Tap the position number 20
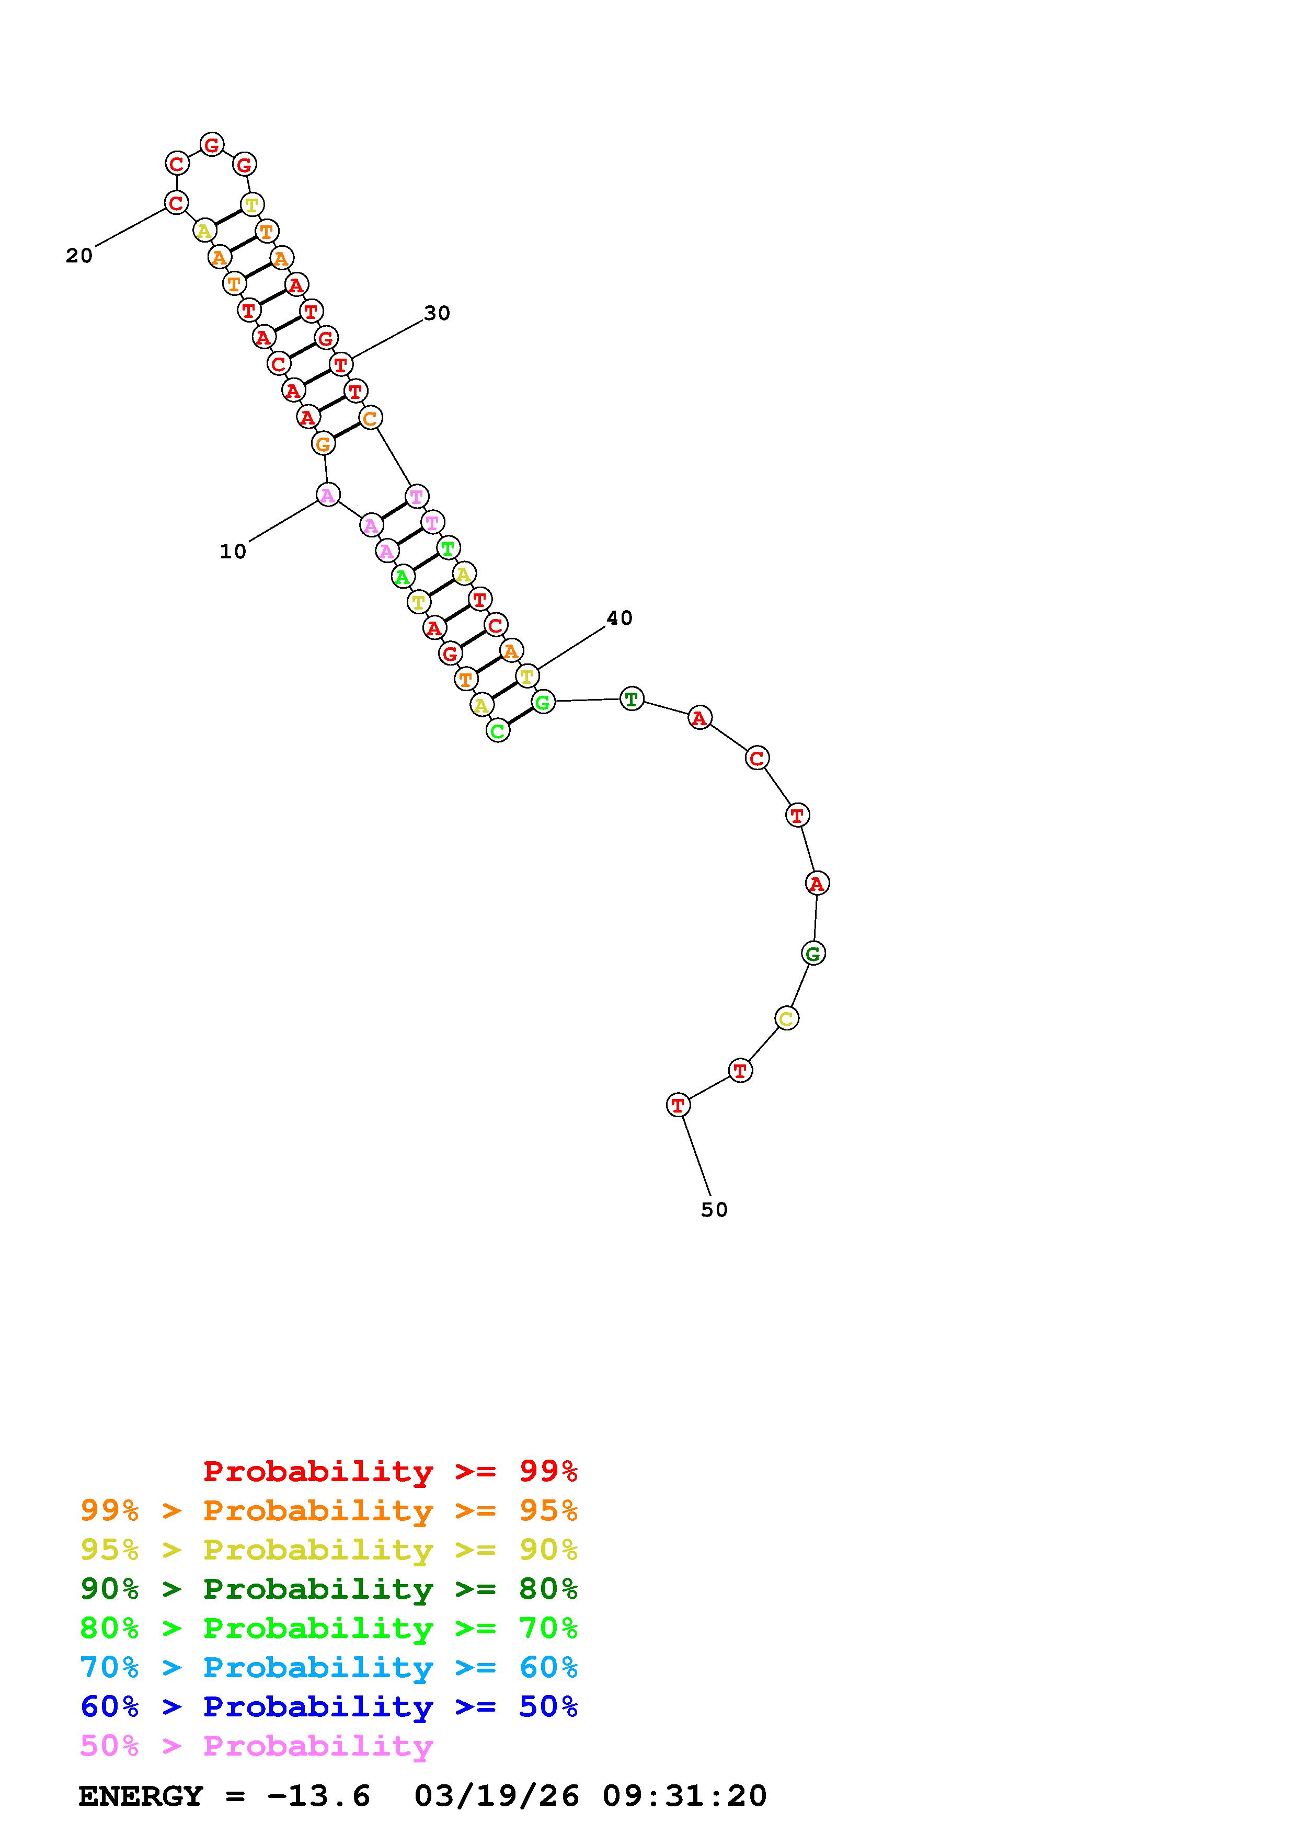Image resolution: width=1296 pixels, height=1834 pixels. [79, 256]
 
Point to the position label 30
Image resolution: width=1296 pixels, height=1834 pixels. [437, 314]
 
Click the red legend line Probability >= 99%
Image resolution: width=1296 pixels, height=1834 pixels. [391, 1471]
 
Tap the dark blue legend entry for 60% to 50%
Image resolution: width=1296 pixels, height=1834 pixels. [329, 1706]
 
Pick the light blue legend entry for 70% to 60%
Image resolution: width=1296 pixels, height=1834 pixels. [329, 1667]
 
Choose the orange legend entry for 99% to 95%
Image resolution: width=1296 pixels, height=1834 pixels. [329, 1510]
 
